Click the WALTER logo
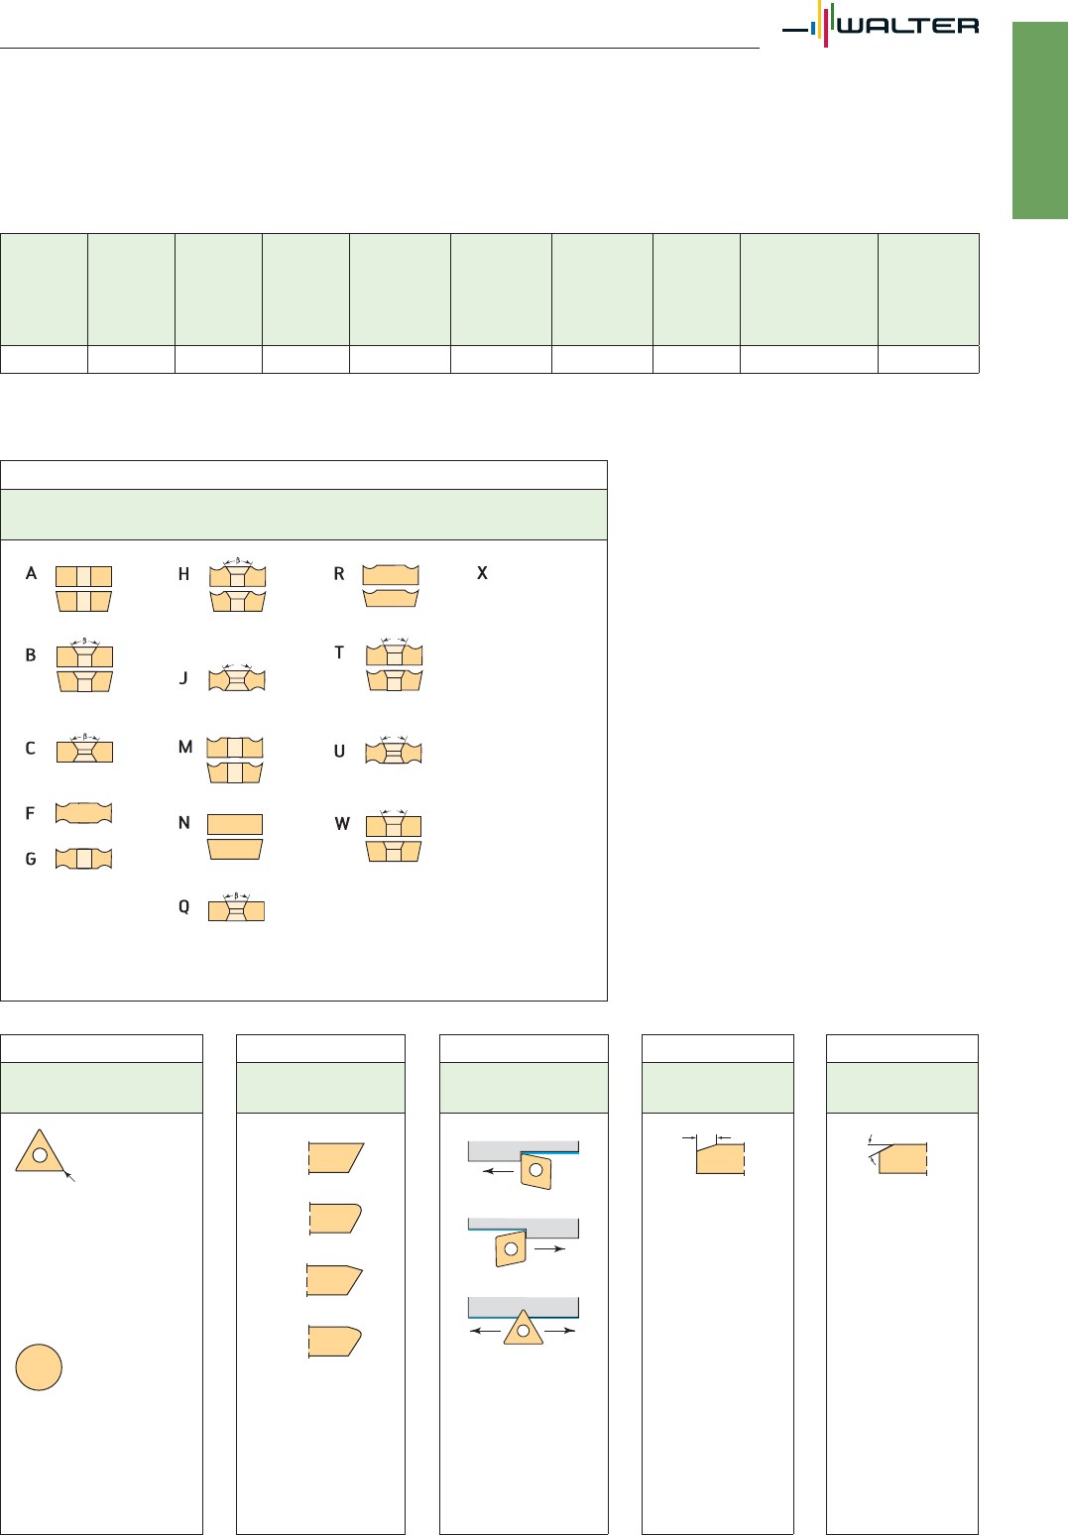tap(881, 25)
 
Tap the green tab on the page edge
tap(1040, 121)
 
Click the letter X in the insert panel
tap(483, 573)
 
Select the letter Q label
tap(183, 907)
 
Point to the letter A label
tap(31, 573)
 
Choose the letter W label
tap(342, 824)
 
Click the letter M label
tap(185, 747)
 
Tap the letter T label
tap(338, 652)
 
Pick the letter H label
tap(183, 574)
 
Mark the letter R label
tap(338, 574)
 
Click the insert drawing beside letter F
tap(83, 813)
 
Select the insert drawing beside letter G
tap(83, 859)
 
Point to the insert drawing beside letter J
tap(236, 677)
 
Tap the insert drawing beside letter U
tap(394, 751)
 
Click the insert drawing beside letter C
tap(84, 749)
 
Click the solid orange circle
tap(39, 1367)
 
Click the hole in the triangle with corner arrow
tap(40, 1154)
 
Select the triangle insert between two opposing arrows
tap(523, 1328)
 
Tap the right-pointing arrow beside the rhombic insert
tap(549, 1248)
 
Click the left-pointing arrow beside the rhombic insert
tap(499, 1171)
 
